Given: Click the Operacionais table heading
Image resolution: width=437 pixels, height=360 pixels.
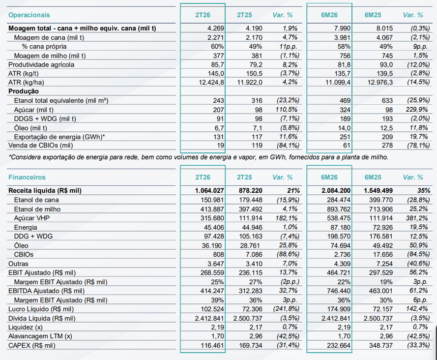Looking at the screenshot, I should click(29, 15).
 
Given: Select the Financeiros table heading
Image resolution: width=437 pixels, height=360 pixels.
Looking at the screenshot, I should click(27, 177).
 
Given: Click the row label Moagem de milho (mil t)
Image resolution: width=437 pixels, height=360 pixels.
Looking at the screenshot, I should click(50, 55).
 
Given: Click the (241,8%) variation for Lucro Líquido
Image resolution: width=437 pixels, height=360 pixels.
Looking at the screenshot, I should click(284, 309).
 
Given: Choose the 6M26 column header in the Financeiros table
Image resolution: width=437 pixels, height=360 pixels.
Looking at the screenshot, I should click(329, 177).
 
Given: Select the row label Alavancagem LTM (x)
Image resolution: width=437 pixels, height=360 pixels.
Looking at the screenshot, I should click(39, 336).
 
